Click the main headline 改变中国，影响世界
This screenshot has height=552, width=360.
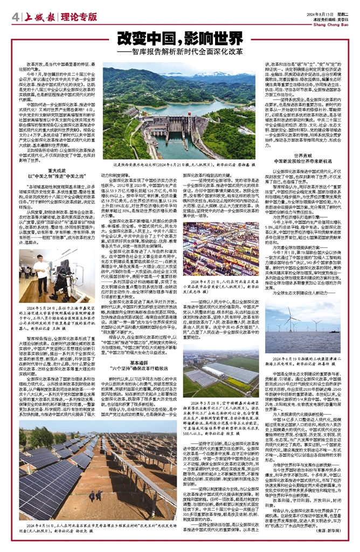tap(177, 40)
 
